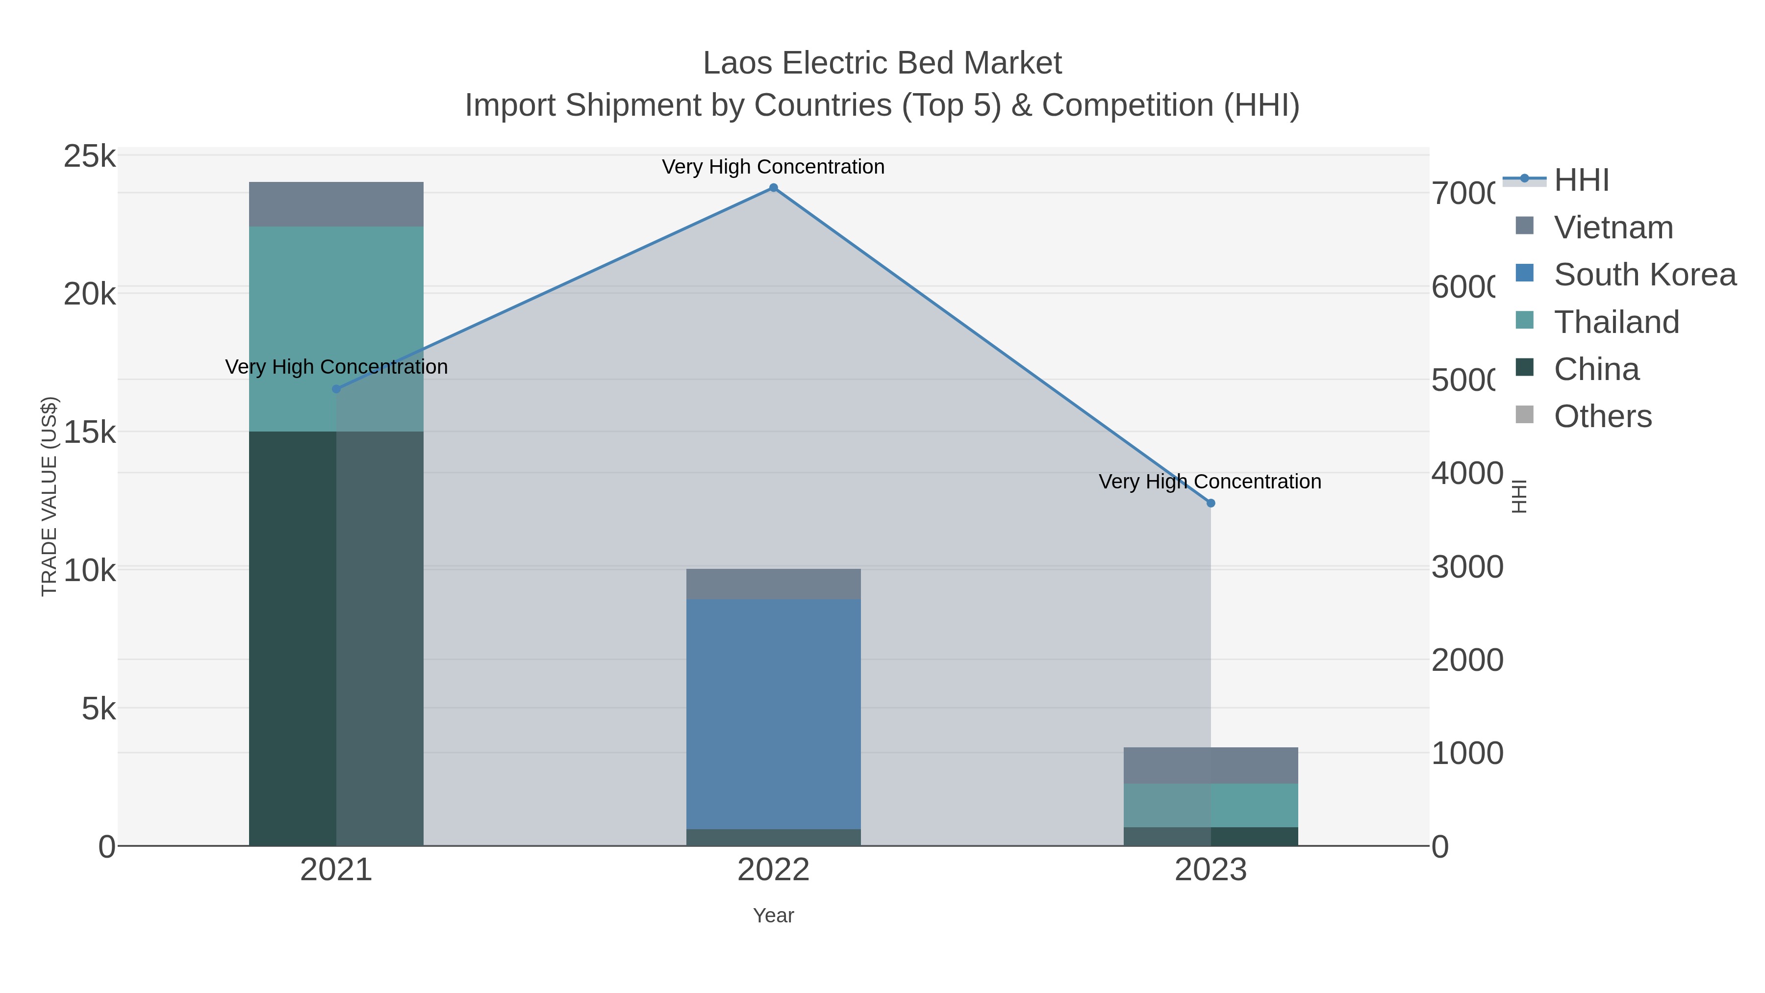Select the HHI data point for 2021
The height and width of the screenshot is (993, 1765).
336,389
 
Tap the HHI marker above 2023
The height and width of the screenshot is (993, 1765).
1210,503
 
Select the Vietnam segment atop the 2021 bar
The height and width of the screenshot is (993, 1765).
336,204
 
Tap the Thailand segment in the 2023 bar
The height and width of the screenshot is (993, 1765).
1210,805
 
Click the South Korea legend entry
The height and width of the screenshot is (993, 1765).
1644,275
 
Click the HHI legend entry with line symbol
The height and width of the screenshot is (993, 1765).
1580,180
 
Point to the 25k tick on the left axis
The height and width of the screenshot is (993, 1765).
90,157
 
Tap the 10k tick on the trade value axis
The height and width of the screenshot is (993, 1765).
90,570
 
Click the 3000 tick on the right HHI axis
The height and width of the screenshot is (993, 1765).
1467,567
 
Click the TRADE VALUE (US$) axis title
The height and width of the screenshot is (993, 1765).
50,496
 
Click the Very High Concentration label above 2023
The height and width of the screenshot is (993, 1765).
1210,482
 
